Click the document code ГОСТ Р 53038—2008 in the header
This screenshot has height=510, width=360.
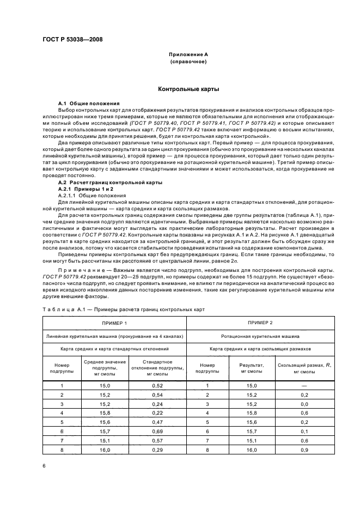pos(72,39)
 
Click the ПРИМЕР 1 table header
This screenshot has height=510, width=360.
pos(114,323)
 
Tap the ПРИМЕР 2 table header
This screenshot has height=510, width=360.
pos(260,323)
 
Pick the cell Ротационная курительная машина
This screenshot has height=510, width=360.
pos(260,337)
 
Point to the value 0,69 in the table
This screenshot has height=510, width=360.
pos(157,432)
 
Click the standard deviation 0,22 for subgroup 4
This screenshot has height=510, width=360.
pos(157,413)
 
